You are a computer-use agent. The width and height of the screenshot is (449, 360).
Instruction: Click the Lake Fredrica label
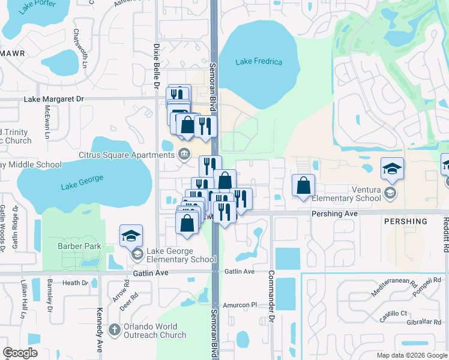(259, 62)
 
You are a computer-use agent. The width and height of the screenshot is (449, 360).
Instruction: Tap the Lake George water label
(82, 182)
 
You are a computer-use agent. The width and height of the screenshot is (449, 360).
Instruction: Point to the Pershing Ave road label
(334, 213)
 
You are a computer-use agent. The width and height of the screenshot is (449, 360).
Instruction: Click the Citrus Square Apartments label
(126, 155)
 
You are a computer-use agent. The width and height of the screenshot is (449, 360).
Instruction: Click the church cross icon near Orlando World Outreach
(115, 330)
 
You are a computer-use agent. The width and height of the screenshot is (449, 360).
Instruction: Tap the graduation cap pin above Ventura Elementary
(392, 170)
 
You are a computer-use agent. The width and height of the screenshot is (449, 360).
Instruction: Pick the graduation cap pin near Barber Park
(131, 236)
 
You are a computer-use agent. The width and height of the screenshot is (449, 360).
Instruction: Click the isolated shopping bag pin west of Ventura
(304, 185)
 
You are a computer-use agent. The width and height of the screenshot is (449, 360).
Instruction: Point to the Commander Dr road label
(271, 307)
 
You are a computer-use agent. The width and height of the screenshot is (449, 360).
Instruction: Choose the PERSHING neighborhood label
(406, 221)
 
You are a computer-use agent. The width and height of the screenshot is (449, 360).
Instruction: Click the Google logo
(20, 353)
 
